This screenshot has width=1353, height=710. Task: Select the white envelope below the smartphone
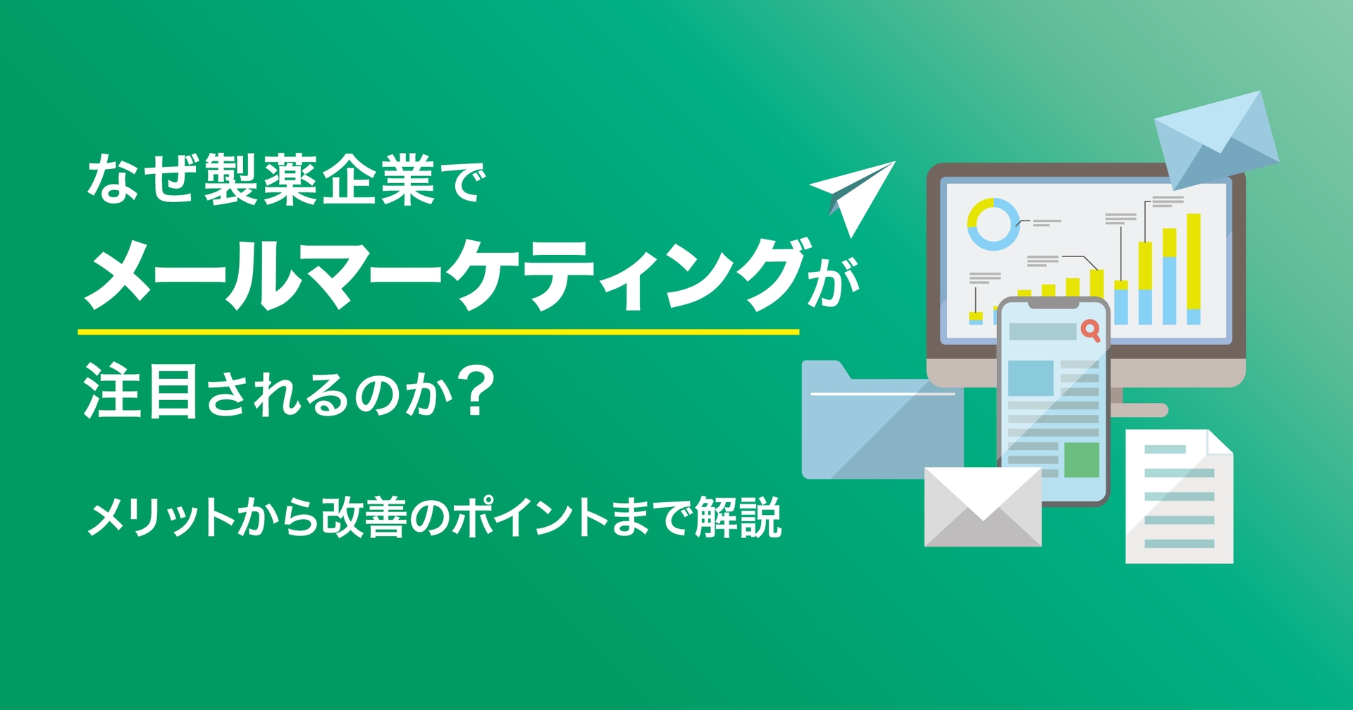tap(982, 507)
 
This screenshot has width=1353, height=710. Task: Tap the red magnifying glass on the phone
tap(1090, 330)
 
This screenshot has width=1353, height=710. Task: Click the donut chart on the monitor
tap(993, 224)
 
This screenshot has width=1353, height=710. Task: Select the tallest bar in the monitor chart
tap(1193, 268)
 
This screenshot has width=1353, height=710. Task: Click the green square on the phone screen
tap(1081, 460)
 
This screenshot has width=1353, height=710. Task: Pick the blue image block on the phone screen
tap(1030, 378)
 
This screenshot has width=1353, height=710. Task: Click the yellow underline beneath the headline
tap(438, 331)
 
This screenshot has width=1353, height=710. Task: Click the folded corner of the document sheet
tap(1220, 442)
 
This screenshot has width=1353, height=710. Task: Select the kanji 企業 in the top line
tap(379, 180)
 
